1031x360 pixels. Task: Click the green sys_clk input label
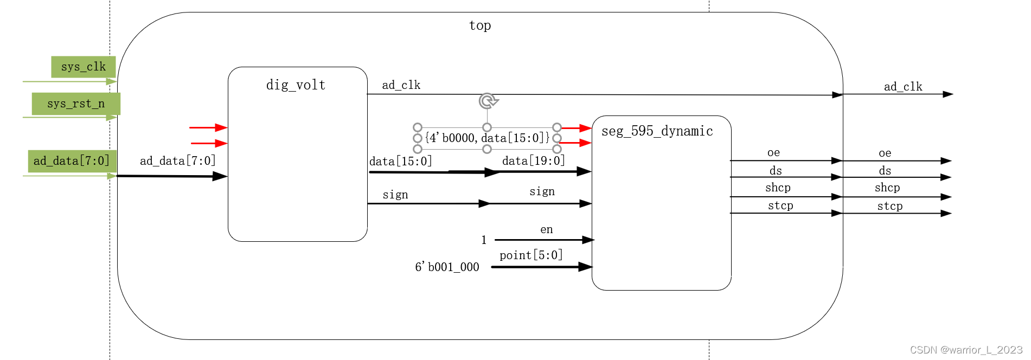click(x=84, y=67)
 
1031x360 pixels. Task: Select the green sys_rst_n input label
click(x=76, y=104)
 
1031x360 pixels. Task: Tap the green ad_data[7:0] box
click(x=72, y=161)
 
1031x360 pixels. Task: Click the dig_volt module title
click(x=296, y=85)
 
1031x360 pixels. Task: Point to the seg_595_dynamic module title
click(x=657, y=131)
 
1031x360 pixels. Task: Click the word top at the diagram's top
click(x=480, y=25)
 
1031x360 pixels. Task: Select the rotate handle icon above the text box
click(x=488, y=101)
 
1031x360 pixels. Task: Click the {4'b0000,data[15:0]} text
click(x=487, y=138)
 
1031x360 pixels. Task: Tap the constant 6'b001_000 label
click(x=447, y=267)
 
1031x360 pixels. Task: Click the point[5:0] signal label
click(x=531, y=255)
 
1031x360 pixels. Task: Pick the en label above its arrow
click(x=546, y=229)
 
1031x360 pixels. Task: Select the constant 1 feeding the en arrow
click(x=484, y=240)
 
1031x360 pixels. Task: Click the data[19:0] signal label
click(x=533, y=160)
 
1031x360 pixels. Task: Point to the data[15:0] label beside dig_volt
click(x=400, y=162)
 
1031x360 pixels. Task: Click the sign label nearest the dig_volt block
click(x=395, y=195)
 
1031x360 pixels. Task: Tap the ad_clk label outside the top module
click(x=902, y=87)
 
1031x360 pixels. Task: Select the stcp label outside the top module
click(x=889, y=206)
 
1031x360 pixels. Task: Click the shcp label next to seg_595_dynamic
click(x=778, y=188)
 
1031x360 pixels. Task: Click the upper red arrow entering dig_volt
click(x=208, y=127)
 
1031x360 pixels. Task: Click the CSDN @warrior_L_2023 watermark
click(x=966, y=350)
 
